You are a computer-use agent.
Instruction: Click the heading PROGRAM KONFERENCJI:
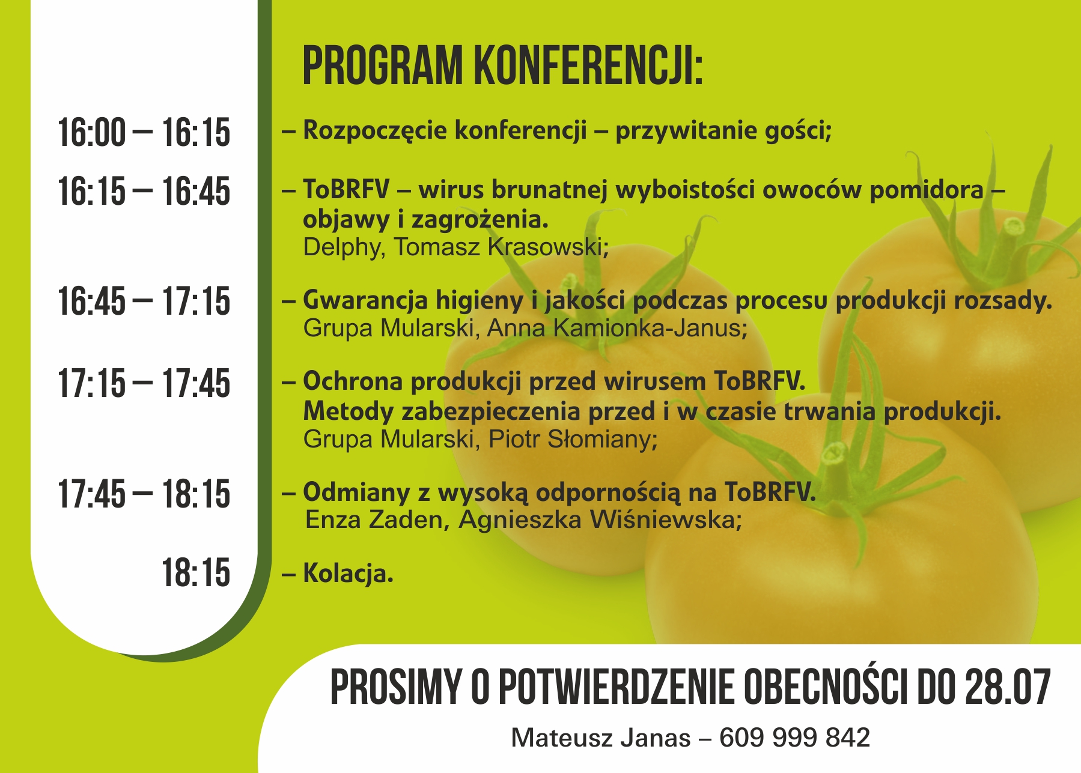click(x=502, y=65)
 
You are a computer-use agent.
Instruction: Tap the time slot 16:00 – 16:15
click(x=144, y=133)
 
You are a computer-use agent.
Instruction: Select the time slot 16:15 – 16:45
click(x=144, y=192)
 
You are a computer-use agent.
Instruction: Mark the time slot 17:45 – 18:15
click(x=144, y=494)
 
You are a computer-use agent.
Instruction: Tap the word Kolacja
click(x=348, y=573)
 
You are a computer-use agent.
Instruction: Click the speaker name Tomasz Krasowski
click(x=501, y=247)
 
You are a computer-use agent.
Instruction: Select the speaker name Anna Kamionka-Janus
click(x=617, y=328)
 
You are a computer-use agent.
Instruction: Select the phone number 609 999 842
click(x=794, y=738)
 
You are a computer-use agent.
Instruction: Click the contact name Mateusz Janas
click(x=601, y=738)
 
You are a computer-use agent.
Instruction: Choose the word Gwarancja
click(x=365, y=300)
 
